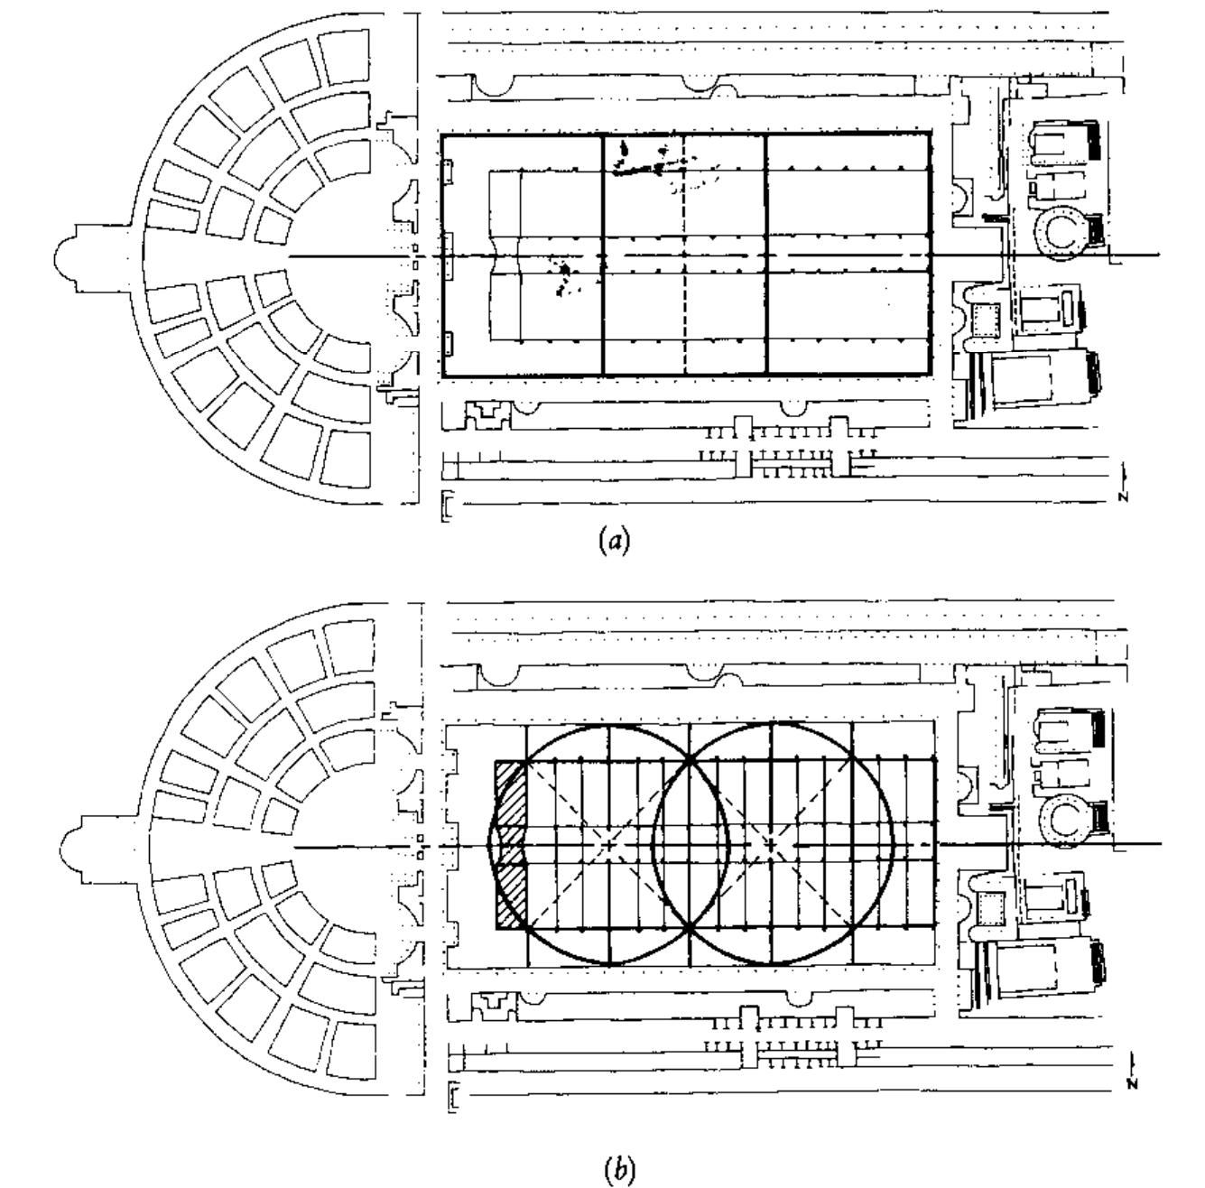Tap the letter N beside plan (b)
1131,1084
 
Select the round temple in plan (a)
1067,232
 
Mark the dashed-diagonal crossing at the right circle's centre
772,845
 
